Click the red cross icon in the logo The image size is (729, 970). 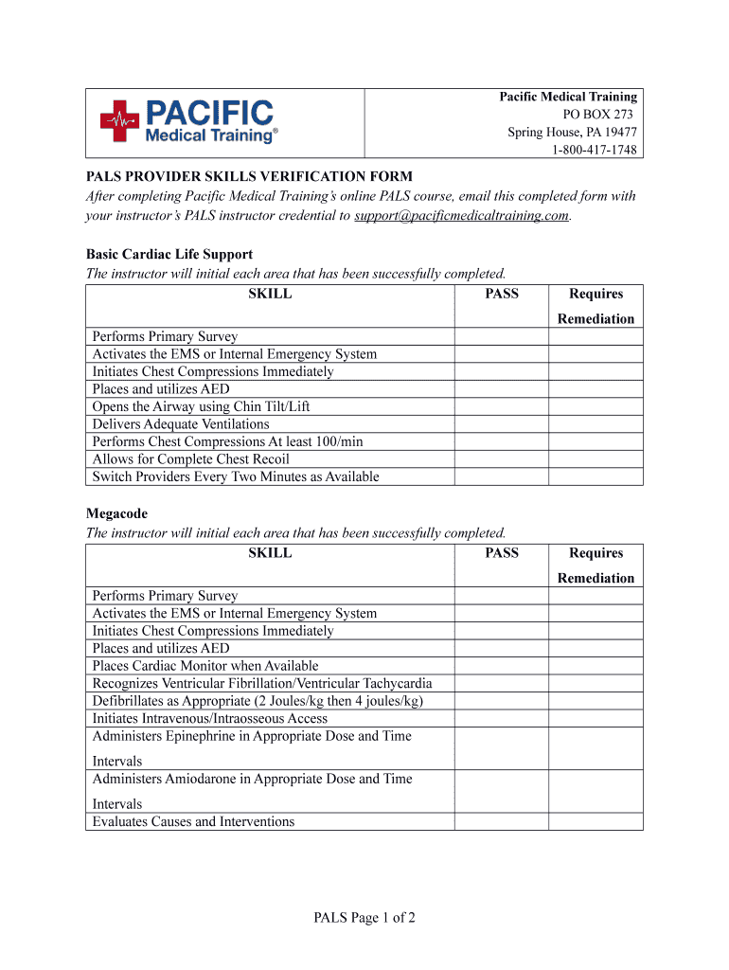click(119, 121)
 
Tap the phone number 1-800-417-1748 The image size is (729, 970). click(595, 151)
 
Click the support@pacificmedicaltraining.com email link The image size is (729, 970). click(462, 215)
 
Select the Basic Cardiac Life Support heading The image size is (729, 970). click(169, 254)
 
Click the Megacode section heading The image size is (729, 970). click(117, 513)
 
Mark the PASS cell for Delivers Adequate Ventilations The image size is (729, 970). click(502, 424)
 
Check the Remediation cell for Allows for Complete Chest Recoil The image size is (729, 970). click(596, 459)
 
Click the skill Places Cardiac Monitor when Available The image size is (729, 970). click(205, 666)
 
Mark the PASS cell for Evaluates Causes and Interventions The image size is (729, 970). click(502, 821)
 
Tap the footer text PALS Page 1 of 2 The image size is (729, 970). click(364, 917)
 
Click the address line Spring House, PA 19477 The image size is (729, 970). click(572, 133)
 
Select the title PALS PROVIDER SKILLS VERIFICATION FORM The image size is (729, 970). click(249, 176)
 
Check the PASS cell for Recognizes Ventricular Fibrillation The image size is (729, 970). click(502, 683)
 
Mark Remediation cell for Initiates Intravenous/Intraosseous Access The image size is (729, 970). click(596, 718)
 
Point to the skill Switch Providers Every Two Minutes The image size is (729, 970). click(236, 476)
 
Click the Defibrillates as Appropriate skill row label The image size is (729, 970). click(258, 701)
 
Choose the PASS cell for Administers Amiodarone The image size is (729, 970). click(502, 791)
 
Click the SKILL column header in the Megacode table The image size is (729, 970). click(270, 553)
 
